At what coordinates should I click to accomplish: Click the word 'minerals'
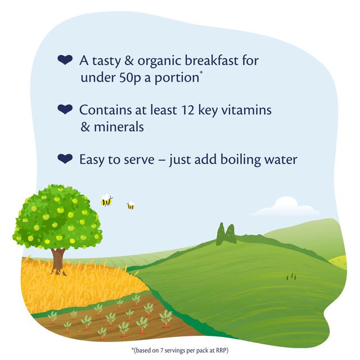tap(119, 127)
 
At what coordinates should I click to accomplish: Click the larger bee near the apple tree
tap(106, 200)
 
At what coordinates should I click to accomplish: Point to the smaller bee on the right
tap(130, 206)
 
